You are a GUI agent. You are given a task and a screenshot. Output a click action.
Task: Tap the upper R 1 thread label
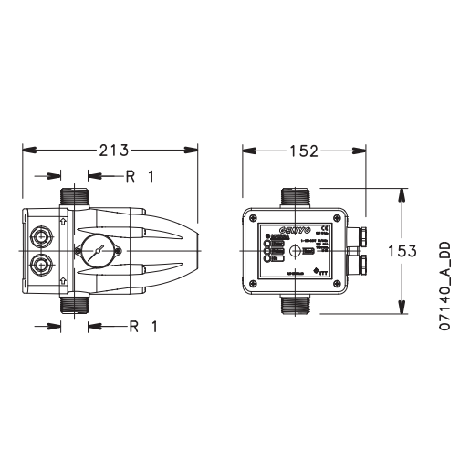[x=141, y=176]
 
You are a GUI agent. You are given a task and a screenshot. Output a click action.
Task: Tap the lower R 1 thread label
[x=141, y=326]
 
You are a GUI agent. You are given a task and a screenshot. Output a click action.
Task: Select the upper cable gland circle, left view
[x=40, y=235]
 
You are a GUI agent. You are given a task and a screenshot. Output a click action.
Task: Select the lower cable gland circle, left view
[x=40, y=266]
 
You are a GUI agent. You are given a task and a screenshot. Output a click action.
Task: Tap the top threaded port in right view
[x=297, y=196]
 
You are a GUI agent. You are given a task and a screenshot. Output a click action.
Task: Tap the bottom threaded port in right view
[x=297, y=305]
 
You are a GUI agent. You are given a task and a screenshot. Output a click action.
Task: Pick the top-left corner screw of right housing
[x=252, y=216]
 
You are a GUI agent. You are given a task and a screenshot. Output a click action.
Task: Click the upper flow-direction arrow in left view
[x=61, y=220]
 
